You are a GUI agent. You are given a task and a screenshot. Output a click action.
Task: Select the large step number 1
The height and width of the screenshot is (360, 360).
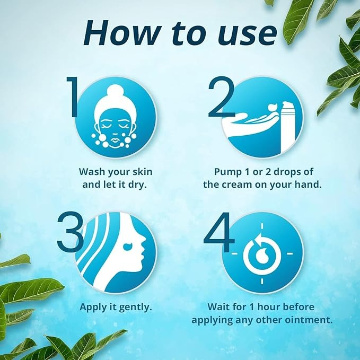pos(74,99)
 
